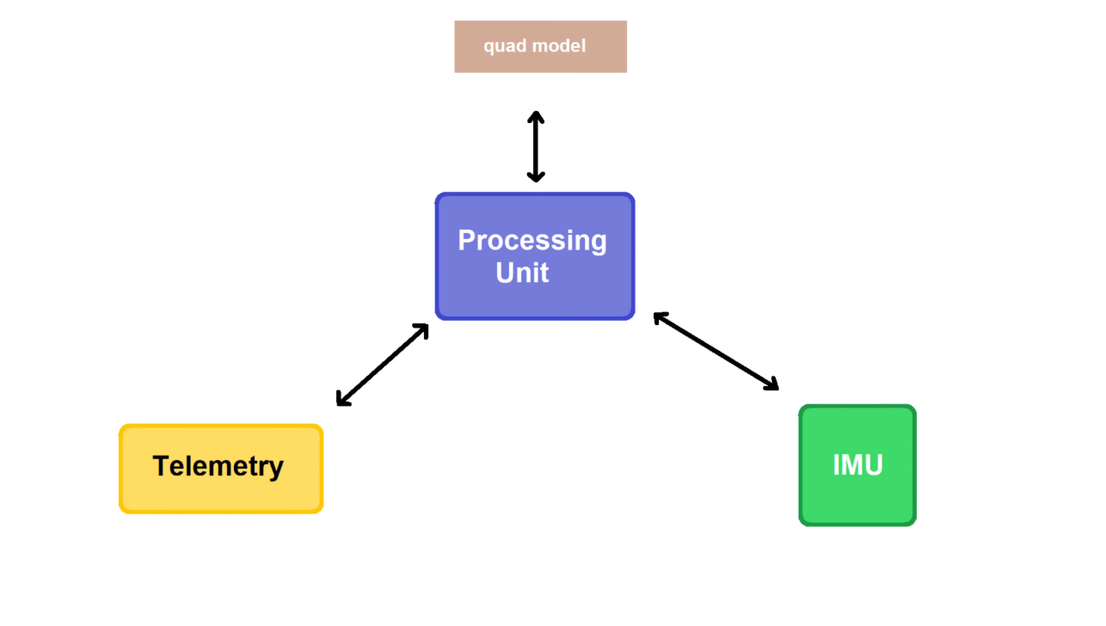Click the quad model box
[x=541, y=47]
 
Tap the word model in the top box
[x=559, y=46]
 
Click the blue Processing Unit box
[x=535, y=256]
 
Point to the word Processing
[x=532, y=242]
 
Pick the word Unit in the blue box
[x=522, y=273]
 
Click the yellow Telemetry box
[x=221, y=469]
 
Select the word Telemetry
[x=218, y=466]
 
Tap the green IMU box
[x=857, y=465]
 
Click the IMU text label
[x=857, y=465]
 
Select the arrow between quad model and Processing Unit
[x=536, y=147]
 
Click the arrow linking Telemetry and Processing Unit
[x=382, y=365]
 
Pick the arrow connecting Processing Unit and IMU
[x=716, y=351]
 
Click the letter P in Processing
[x=467, y=240]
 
